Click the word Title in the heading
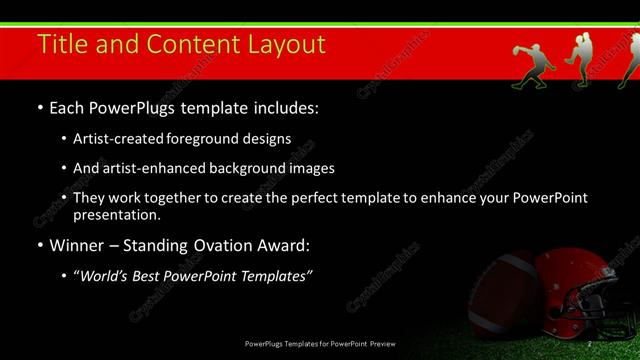point(61,44)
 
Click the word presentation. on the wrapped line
point(117,215)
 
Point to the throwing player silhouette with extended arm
point(532,64)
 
